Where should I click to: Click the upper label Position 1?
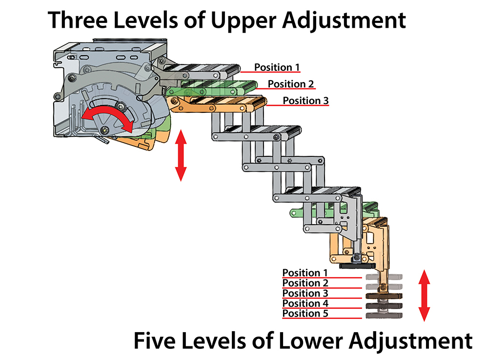(277, 67)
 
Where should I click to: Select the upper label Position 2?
(291, 84)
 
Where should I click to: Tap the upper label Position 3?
(305, 101)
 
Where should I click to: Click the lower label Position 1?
(305, 273)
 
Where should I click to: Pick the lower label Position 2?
(305, 283)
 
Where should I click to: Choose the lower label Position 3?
(305, 293)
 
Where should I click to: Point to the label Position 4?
(305, 303)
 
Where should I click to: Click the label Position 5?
(305, 314)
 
